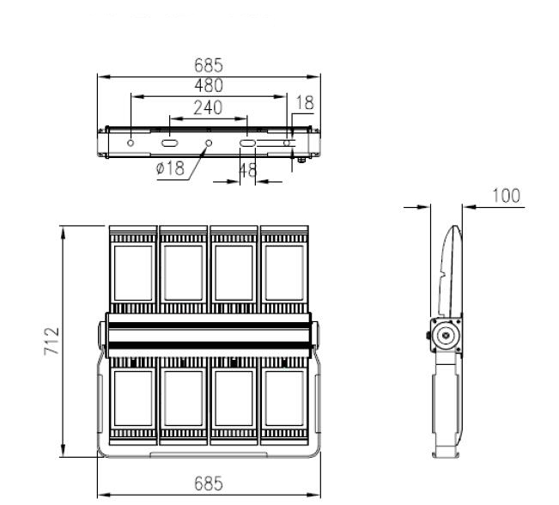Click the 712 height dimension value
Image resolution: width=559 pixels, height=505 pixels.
click(x=52, y=341)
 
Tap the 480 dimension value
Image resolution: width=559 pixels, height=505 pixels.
click(x=209, y=86)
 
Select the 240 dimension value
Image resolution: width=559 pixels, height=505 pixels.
click(x=208, y=107)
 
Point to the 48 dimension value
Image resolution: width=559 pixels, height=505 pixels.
click(x=248, y=170)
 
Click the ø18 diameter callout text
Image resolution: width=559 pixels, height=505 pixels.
click(x=170, y=167)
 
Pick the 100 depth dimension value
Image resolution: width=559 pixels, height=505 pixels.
click(x=507, y=196)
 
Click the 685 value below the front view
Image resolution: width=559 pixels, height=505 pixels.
click(x=209, y=484)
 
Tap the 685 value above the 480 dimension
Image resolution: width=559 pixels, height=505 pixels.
click(x=209, y=65)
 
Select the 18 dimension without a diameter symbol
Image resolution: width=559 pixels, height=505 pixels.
click(x=305, y=103)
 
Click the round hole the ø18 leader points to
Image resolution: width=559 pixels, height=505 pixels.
click(x=209, y=143)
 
